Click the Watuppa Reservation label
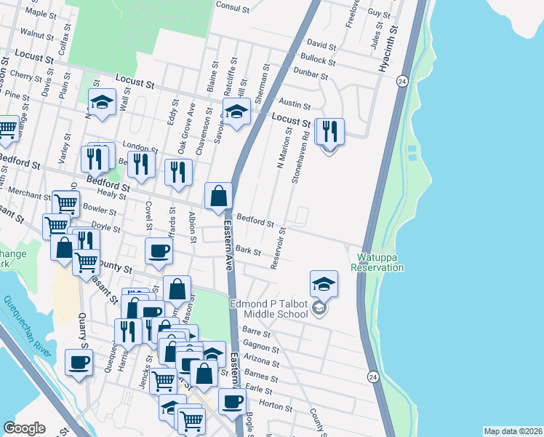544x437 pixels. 377,262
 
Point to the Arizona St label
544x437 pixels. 263,362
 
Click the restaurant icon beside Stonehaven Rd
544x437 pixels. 329,132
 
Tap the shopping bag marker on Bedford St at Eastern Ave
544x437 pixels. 218,196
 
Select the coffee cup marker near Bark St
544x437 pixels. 159,251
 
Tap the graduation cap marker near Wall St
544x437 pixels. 103,102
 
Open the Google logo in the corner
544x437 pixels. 24,428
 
